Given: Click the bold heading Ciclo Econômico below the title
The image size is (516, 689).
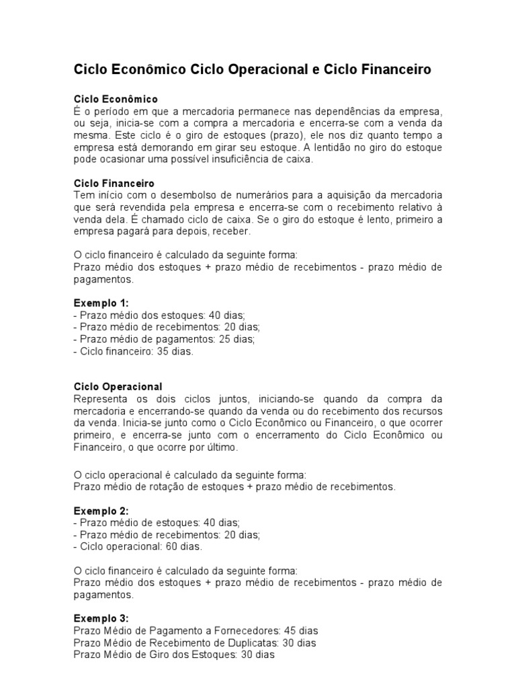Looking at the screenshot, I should click(115, 99).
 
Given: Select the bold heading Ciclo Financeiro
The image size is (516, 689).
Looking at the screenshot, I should click(114, 183).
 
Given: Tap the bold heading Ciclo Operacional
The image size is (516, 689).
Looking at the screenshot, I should click(118, 387).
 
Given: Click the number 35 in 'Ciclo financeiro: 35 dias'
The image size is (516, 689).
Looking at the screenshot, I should click(164, 351).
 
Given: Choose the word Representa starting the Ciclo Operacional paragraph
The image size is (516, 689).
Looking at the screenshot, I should click(100, 398).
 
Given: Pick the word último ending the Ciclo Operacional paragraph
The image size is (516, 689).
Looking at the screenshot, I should click(221, 446).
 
